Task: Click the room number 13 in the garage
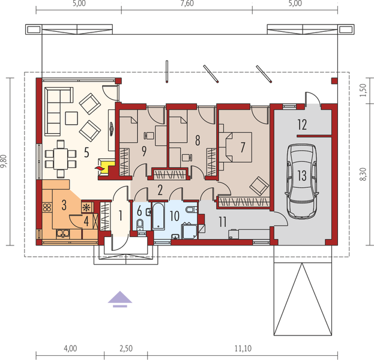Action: point(301,175)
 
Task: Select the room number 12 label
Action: point(301,125)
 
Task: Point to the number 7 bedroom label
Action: point(243,146)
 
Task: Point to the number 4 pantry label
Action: point(87,220)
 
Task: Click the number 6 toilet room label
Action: point(139,211)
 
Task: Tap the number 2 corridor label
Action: point(160,190)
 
